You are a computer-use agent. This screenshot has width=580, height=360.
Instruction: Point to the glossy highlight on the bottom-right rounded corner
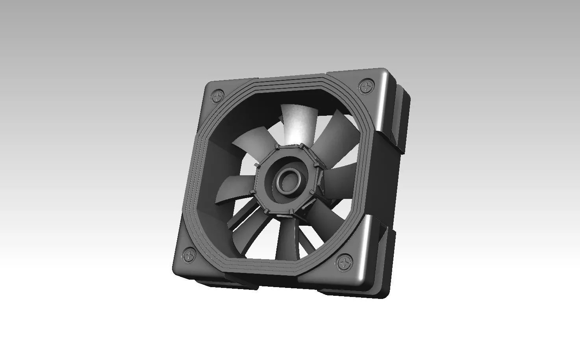pyautogui.click(x=362, y=252)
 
